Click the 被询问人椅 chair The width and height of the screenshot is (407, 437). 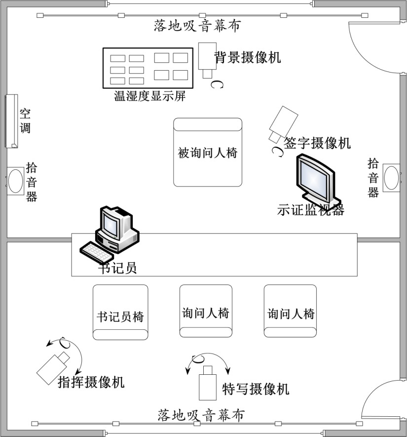click(x=208, y=152)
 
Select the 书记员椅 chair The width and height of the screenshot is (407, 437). click(x=120, y=312)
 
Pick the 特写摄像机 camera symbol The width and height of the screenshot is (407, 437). click(x=207, y=384)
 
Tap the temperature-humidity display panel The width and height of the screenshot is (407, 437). click(x=148, y=68)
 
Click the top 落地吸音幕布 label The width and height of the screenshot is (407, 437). click(x=197, y=26)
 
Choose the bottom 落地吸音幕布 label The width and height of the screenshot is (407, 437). click(x=201, y=415)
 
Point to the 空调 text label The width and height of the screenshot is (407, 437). click(x=25, y=121)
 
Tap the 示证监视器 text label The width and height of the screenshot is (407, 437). click(x=310, y=210)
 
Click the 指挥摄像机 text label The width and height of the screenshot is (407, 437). click(x=91, y=382)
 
